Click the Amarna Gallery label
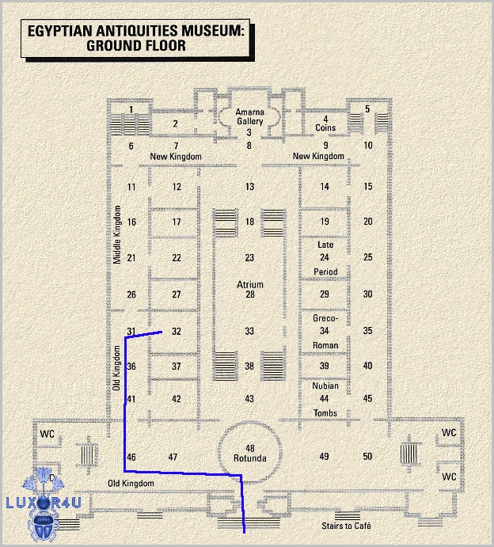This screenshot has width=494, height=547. (250, 116)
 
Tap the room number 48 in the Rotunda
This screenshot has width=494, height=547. (250, 448)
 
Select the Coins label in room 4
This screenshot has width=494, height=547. (325, 127)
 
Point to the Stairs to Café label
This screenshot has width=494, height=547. (346, 526)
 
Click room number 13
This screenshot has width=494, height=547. (249, 187)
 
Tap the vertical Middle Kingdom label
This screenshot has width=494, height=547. (117, 234)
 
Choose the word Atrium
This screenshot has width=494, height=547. (250, 285)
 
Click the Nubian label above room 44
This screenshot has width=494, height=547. (325, 386)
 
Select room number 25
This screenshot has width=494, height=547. (367, 257)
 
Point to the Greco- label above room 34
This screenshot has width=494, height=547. (325, 318)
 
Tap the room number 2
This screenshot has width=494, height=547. (176, 123)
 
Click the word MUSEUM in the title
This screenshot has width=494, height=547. (213, 31)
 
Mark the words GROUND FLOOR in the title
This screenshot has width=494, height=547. (136, 46)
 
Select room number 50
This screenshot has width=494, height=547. (367, 456)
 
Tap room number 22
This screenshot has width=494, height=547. (177, 258)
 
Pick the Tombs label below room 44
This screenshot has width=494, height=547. (325, 413)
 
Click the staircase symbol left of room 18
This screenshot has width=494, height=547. (226, 223)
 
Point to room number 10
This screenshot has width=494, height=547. (368, 146)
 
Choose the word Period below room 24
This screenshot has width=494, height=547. (325, 272)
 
